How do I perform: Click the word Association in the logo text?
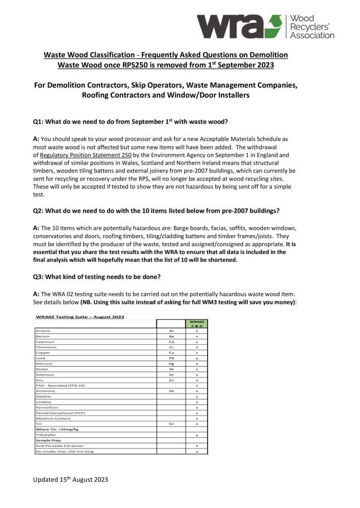pos(312,36)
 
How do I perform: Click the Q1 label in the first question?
pos(38,122)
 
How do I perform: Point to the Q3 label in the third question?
pos(38,277)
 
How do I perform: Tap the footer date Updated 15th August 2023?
pos(71,480)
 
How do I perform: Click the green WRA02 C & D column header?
pos(197,323)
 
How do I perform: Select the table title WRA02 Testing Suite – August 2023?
pos(80,317)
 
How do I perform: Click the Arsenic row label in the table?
pos(43,331)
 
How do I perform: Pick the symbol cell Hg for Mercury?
pos(171,364)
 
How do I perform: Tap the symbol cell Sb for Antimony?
pos(171,391)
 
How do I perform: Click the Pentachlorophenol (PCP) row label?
pos(57,413)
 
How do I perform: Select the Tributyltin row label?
pos(45,435)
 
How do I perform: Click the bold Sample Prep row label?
pos(47,440)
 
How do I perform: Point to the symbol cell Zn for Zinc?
pos(171,380)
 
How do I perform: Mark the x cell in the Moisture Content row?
pos(197,418)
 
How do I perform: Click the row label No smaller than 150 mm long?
pos(64,451)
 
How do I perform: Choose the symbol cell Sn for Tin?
pos(171,424)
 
